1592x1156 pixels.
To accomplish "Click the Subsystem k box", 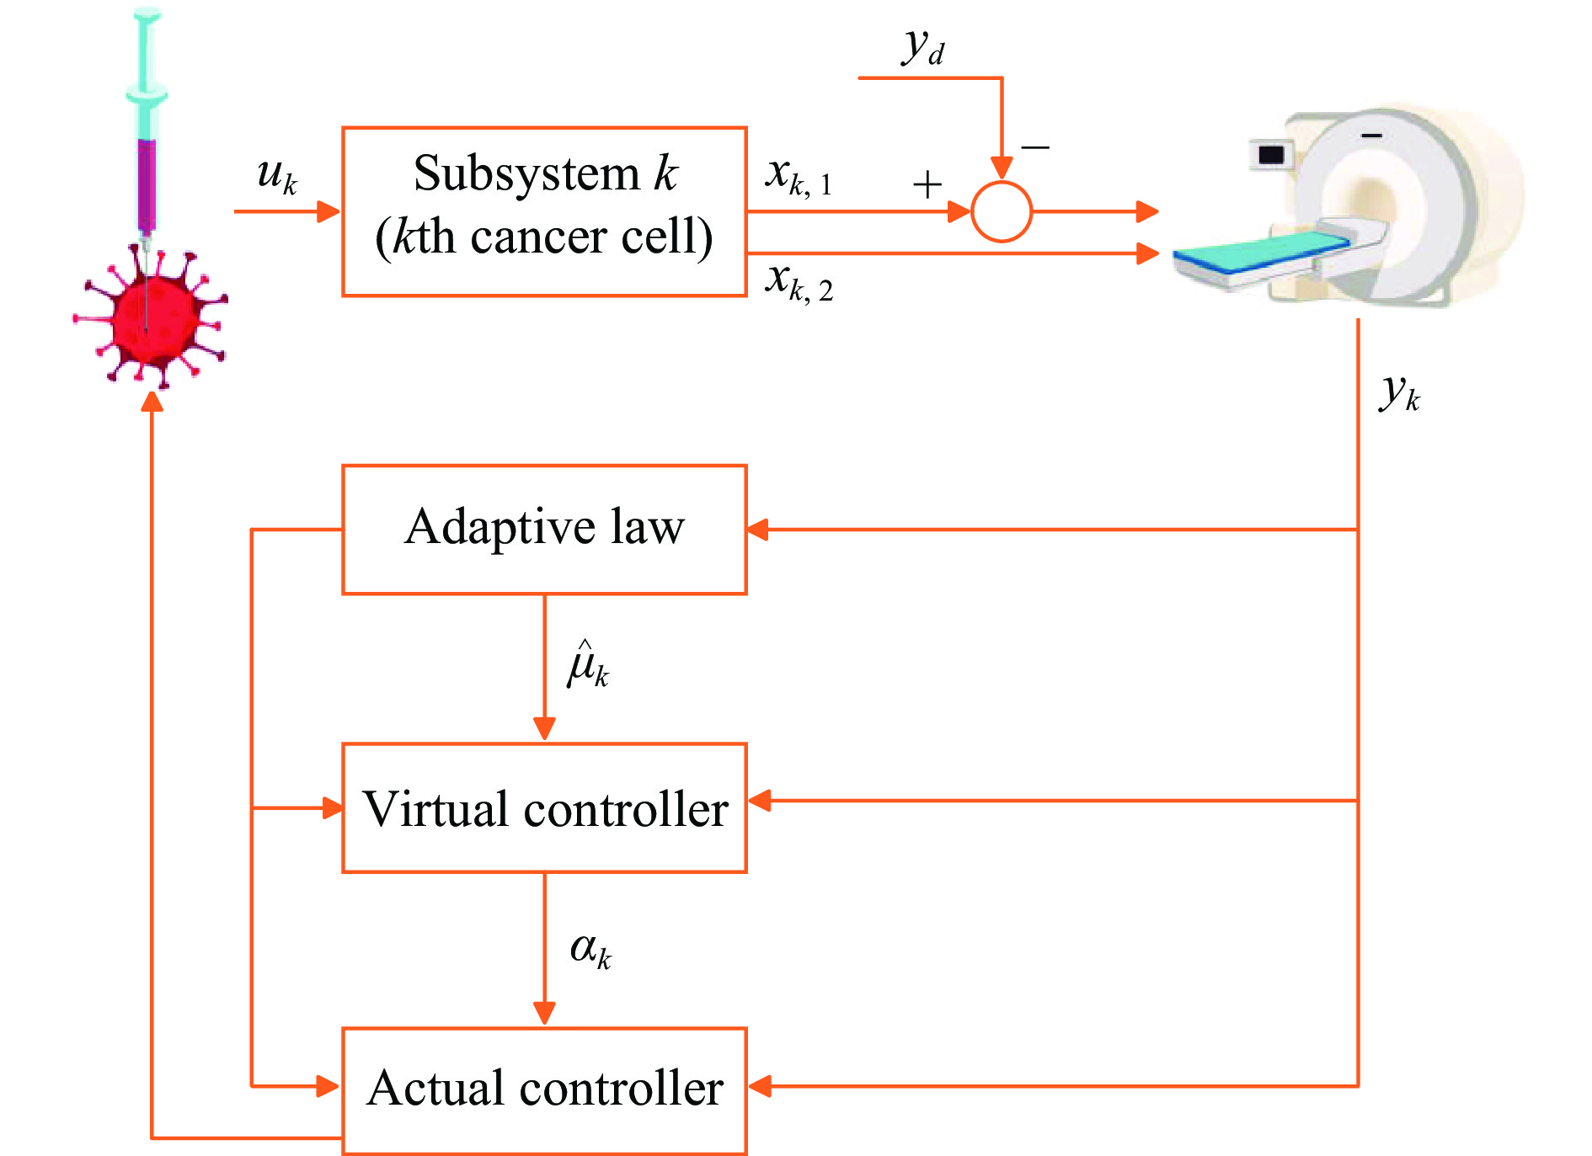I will pyautogui.click(x=544, y=211).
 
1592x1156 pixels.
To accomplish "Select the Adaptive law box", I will pyautogui.click(x=544, y=530).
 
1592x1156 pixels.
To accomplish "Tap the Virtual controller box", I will pyautogui.click(x=544, y=807).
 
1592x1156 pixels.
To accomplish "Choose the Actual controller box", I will pyautogui.click(x=544, y=1089).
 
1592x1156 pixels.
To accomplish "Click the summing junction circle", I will pyautogui.click(x=1001, y=211).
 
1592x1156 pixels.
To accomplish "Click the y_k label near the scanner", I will pyautogui.click(x=1399, y=393).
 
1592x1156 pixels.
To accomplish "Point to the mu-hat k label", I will pyautogui.click(x=588, y=665).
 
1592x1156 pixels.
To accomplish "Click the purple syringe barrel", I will pyautogui.click(x=147, y=185).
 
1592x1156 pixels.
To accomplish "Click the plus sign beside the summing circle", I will pyautogui.click(x=927, y=184).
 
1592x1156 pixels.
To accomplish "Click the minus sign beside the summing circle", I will pyautogui.click(x=1034, y=147).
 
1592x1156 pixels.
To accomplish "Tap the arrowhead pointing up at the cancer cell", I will pyautogui.click(x=152, y=402).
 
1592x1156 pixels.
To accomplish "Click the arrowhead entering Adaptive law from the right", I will pyautogui.click(x=758, y=530).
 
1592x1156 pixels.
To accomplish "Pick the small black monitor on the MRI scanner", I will pyautogui.click(x=1270, y=155).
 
